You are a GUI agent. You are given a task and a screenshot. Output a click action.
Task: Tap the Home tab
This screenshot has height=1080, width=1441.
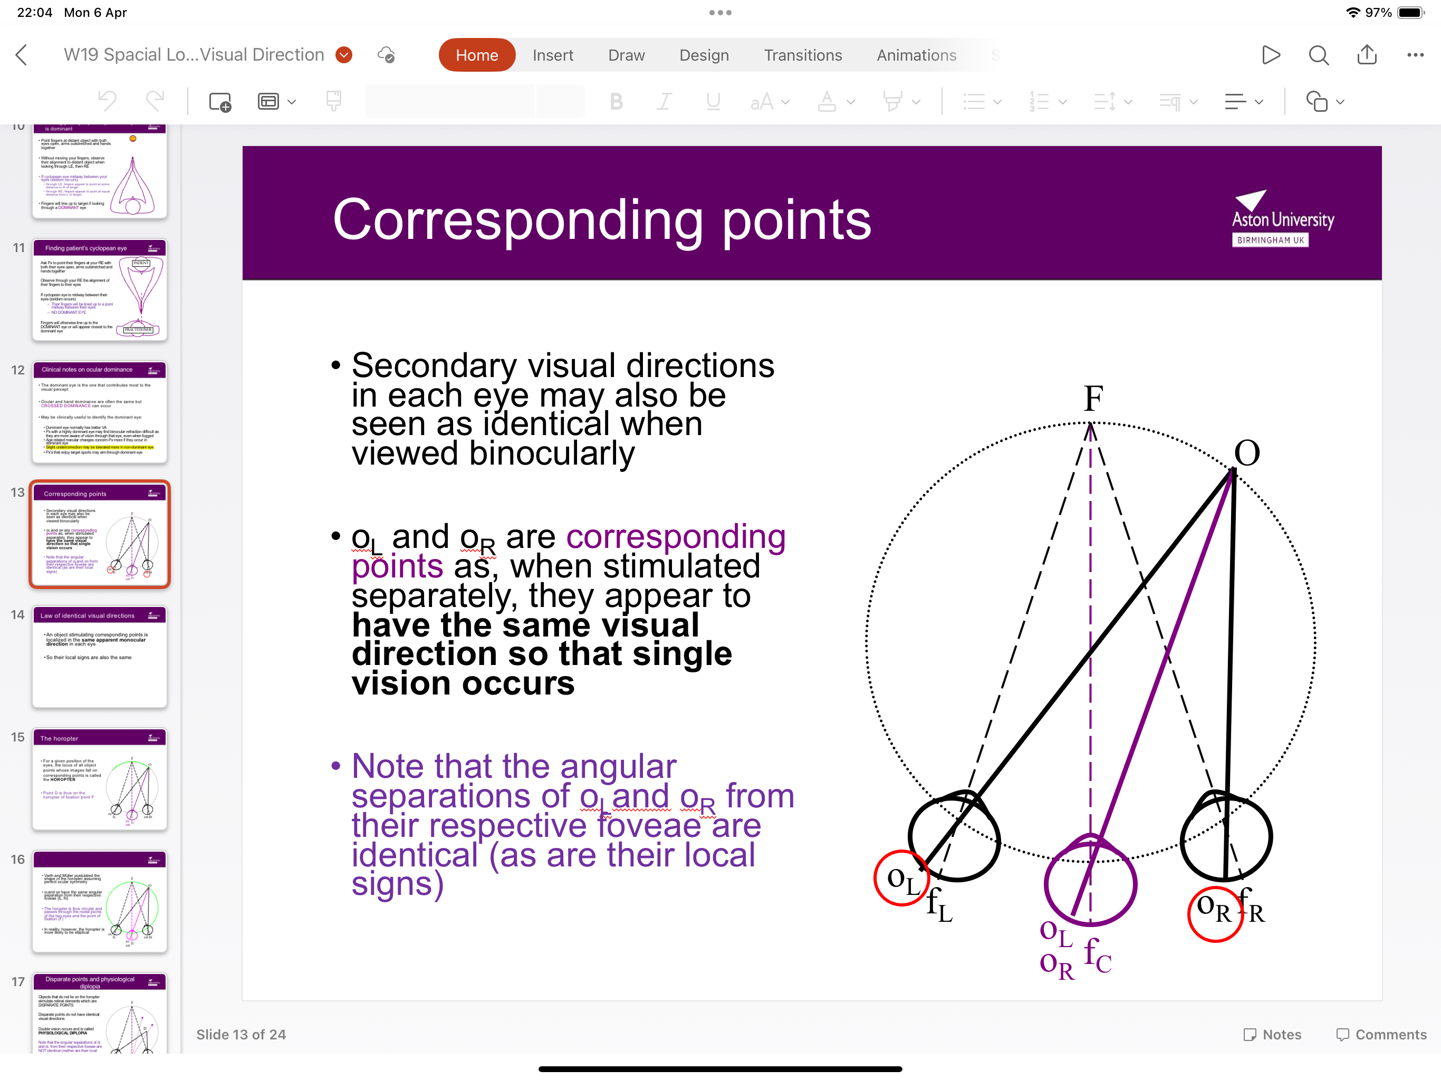click(x=476, y=55)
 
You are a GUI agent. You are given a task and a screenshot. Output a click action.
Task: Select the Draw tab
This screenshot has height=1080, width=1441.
click(x=626, y=55)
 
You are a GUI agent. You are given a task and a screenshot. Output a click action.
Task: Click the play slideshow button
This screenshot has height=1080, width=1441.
click(x=1270, y=55)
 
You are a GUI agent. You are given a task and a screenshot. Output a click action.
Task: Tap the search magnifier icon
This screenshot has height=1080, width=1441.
click(x=1318, y=55)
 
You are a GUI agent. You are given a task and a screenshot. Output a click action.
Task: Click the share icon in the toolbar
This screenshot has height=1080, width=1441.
click(x=1366, y=55)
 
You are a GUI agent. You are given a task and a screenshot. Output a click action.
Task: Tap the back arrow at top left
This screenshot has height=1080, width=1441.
click(x=22, y=55)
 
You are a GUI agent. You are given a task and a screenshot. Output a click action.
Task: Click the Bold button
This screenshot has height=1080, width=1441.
click(x=616, y=102)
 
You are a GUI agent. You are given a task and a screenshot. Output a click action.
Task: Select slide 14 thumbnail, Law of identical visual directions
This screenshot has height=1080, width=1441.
click(x=100, y=656)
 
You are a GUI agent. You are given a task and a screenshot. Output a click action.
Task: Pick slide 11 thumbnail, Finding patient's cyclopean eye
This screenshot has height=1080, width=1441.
click(x=100, y=290)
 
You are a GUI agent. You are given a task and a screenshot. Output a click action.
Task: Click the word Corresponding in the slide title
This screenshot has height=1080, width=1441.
click(x=518, y=220)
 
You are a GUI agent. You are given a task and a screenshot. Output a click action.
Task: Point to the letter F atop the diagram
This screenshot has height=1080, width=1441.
click(x=1093, y=399)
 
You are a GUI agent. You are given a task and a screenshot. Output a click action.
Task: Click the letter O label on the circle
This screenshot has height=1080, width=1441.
click(x=1247, y=452)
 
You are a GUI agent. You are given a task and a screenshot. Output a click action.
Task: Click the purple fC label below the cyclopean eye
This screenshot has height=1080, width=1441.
click(x=1098, y=955)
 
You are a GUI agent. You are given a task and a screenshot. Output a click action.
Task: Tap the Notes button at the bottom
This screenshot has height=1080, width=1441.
click(x=1272, y=1035)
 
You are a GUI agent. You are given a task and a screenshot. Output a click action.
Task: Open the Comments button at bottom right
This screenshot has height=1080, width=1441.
click(x=1380, y=1035)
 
